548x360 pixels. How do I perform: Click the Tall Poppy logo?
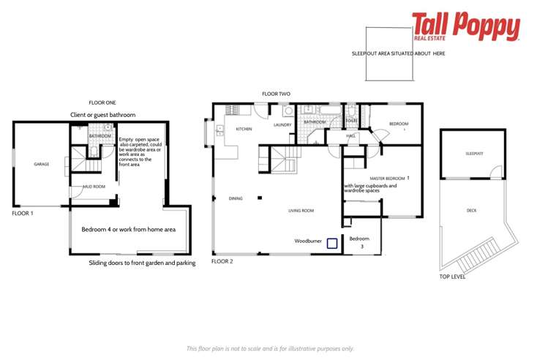coord(465,27)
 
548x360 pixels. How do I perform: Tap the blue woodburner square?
coord(331,244)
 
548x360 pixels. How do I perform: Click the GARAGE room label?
coord(41,164)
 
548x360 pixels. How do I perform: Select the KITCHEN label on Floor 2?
coord(244,129)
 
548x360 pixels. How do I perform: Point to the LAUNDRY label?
coord(282,125)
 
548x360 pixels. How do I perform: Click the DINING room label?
coord(235,198)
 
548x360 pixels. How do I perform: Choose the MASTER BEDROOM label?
coord(387,178)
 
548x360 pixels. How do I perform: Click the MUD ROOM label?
coord(94,187)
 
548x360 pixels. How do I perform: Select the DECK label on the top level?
coord(471,210)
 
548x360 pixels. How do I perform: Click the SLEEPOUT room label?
coord(474,154)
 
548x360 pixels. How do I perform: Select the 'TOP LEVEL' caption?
coord(452,277)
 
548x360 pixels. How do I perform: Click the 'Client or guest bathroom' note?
coord(102,115)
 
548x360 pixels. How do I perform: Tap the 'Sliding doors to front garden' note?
coord(142,263)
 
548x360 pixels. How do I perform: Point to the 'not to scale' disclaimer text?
coord(270,349)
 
